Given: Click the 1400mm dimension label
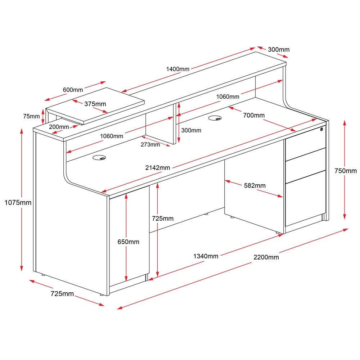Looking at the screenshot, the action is click(x=177, y=69).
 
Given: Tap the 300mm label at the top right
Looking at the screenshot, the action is click(x=279, y=50).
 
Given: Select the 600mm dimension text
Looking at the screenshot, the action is click(x=73, y=90).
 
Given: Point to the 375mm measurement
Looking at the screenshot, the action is click(x=95, y=104).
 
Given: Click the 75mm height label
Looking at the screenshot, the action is click(x=31, y=116).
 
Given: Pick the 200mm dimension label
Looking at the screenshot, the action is click(x=59, y=127).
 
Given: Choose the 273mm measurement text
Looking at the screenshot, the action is click(x=150, y=145).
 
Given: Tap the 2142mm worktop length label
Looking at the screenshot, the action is click(x=158, y=168).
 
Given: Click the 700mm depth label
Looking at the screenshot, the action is click(x=254, y=115).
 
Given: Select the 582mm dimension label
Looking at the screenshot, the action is click(x=255, y=185).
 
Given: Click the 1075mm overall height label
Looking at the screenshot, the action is click(x=18, y=203).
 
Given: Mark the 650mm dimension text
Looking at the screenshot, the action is click(x=128, y=242).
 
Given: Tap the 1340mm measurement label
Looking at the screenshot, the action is click(x=206, y=256).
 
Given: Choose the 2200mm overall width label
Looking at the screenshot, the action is click(x=266, y=257).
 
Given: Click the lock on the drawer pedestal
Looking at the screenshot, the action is click(x=322, y=129).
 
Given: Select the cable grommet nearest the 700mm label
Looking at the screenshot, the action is click(x=215, y=118).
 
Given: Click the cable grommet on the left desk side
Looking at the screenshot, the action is click(x=100, y=158).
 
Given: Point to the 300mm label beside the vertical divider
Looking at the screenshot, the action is click(x=191, y=130).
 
